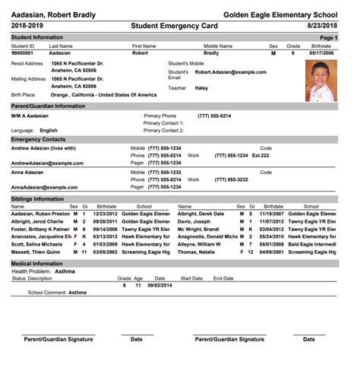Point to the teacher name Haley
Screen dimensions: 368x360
[201, 87]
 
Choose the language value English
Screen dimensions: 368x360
[49, 130]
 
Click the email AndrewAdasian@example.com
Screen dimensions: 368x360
[47, 163]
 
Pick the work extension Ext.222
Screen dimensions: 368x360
[261, 155]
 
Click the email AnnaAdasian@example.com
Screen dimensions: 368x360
[44, 187]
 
